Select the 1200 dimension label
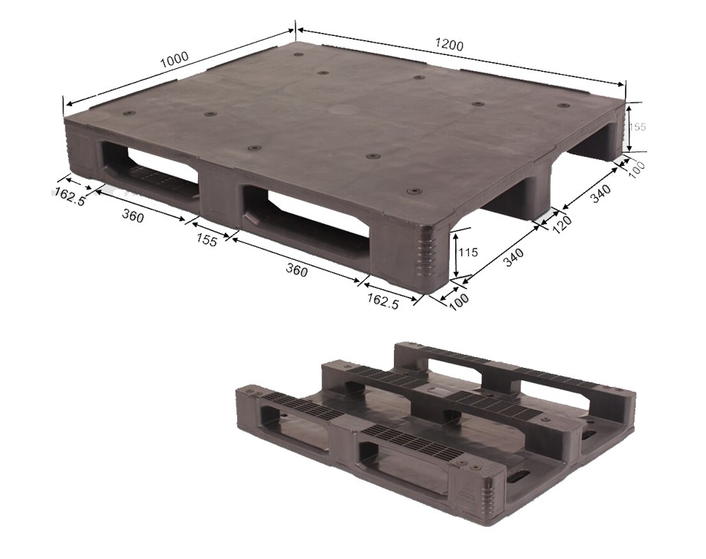449,44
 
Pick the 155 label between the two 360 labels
207,240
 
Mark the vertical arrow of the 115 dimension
456,253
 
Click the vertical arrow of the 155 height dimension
628,125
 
